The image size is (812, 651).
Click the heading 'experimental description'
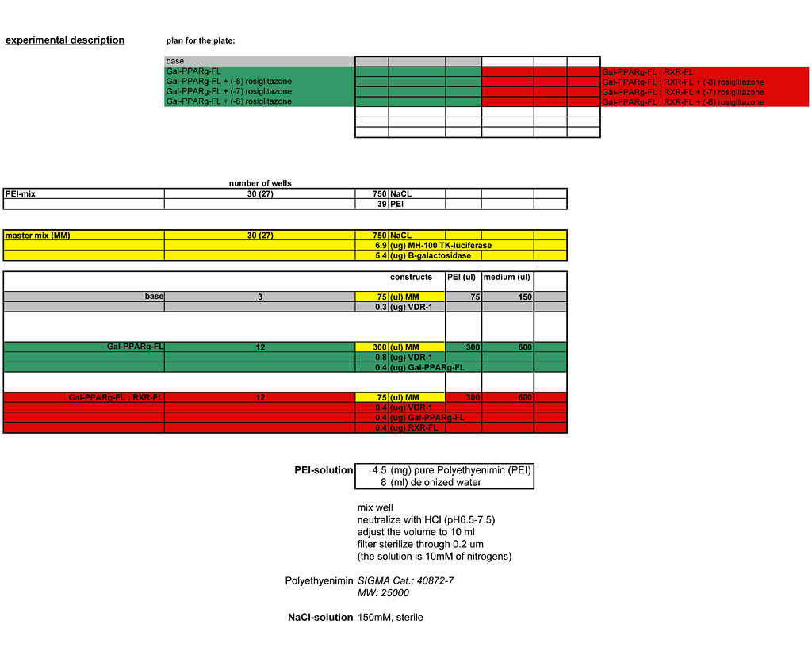pos(65,40)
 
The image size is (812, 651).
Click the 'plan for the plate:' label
pos(201,40)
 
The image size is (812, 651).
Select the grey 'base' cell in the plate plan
pos(259,61)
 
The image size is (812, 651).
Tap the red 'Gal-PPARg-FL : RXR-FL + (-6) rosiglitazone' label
pos(683,102)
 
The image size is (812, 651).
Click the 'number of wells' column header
pos(260,183)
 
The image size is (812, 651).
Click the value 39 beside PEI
pos(381,204)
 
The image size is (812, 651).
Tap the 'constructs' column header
pos(411,278)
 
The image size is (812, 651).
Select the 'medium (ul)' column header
pos(507,278)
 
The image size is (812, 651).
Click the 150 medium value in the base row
pos(523,297)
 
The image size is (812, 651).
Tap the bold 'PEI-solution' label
pos(324,470)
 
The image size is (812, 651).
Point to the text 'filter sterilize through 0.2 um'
pos(420,544)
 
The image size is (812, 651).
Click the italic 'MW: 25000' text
pos(383,592)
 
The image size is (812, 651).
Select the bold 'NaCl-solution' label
pos(320,617)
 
